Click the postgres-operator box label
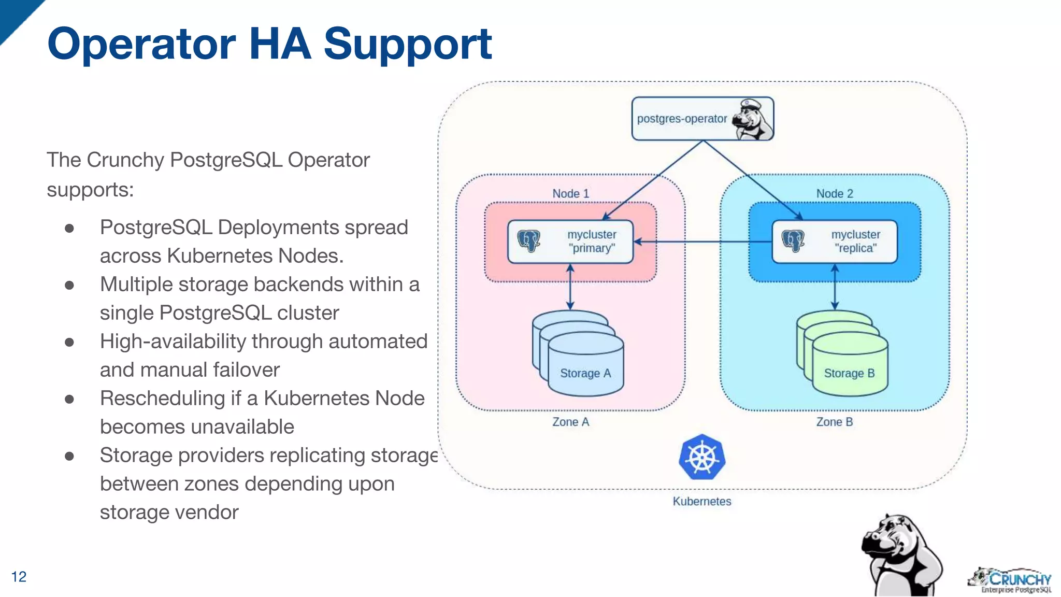[682, 119]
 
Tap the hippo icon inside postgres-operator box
[754, 119]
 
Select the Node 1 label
[570, 193]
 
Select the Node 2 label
[835, 193]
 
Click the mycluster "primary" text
[592, 241]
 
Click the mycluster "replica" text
[856, 241]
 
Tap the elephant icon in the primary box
[529, 241]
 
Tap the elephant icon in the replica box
[793, 241]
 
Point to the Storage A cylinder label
[585, 373]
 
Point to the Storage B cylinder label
[849, 373]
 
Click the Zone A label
[570, 422]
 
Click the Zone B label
[835, 422]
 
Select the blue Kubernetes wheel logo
[702, 458]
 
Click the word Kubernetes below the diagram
[702, 501]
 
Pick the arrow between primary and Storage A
[570, 287]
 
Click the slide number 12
[19, 576]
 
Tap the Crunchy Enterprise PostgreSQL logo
[1010, 580]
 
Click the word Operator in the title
[141, 44]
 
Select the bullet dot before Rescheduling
[69, 399]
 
